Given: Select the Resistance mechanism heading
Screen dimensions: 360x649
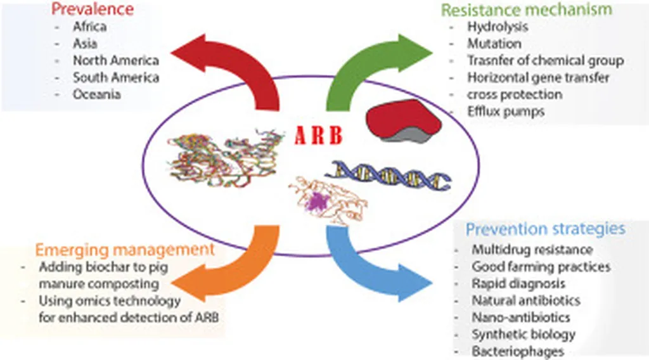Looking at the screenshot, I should pyautogui.click(x=526, y=10).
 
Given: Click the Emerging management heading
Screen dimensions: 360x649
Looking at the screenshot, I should pyautogui.click(x=125, y=249).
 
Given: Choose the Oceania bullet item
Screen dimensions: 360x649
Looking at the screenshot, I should pyautogui.click(x=96, y=94).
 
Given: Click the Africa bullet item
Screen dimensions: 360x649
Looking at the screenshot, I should pyautogui.click(x=90, y=27).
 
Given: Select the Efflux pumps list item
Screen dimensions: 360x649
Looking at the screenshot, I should pyautogui.click(x=506, y=112).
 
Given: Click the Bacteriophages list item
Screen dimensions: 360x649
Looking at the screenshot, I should pyautogui.click(x=518, y=351).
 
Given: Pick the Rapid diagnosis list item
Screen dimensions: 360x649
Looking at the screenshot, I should pyautogui.click(x=518, y=283).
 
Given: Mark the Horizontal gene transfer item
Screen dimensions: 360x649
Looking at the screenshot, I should pyautogui.click(x=538, y=78).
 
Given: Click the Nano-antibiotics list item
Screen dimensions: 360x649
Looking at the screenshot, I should pyautogui.click(x=520, y=317).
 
